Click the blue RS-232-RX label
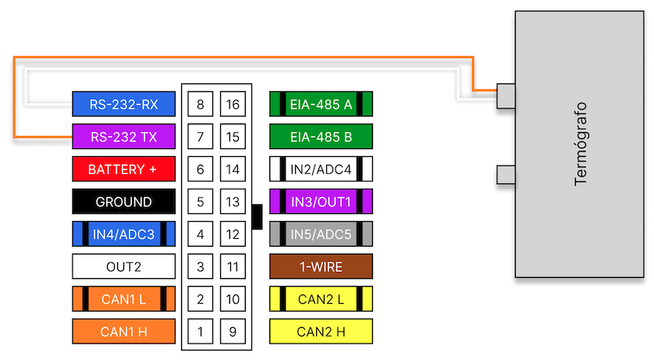[x=123, y=104]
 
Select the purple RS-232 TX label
[x=123, y=137]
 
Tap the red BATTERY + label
[x=123, y=169]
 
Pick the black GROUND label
[x=123, y=201]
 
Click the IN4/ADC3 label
[x=123, y=234]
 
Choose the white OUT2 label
[x=123, y=267]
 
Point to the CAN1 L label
[x=123, y=299]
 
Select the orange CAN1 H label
[x=123, y=332]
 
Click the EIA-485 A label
[x=321, y=104]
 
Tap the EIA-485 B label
[x=321, y=137]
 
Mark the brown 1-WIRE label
[x=321, y=267]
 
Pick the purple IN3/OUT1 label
[x=321, y=201]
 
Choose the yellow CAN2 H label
[x=321, y=332]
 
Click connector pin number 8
[x=201, y=104]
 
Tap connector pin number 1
[x=201, y=332]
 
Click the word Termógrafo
[x=581, y=144]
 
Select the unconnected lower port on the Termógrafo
[x=506, y=174]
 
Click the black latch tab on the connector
[x=257, y=216]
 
